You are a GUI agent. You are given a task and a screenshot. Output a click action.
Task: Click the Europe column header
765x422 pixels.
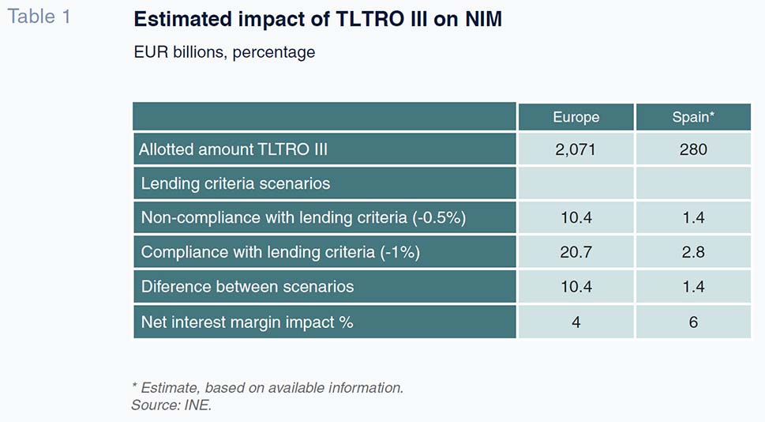[576, 117]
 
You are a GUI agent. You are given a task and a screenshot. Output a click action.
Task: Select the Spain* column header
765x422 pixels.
[693, 117]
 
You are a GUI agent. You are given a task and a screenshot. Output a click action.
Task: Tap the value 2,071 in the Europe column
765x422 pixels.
[576, 149]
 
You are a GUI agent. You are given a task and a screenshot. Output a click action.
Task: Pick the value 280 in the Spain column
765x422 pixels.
[693, 149]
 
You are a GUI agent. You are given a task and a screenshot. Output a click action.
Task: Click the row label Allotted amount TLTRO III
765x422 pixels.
[233, 149]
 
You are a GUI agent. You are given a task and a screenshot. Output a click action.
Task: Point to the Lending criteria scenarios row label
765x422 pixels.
[235, 183]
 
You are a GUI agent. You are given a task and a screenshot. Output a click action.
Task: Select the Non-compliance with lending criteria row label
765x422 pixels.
[303, 218]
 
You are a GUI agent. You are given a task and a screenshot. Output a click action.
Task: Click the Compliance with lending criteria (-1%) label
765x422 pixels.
[280, 253]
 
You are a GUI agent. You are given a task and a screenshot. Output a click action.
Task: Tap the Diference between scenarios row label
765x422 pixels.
[247, 287]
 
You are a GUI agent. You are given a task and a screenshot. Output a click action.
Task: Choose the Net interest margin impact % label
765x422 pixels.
[247, 322]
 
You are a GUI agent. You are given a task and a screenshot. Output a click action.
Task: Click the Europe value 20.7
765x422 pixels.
[576, 253]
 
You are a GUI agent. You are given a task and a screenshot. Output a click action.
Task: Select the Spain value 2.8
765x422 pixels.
[693, 253]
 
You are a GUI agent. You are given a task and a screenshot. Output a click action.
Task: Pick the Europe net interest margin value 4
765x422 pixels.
[576, 322]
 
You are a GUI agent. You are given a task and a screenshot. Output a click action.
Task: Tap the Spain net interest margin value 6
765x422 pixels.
[693, 322]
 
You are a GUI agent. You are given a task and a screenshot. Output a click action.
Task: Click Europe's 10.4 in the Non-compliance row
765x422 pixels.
[576, 218]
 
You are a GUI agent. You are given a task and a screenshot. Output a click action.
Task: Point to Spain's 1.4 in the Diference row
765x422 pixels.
[693, 287]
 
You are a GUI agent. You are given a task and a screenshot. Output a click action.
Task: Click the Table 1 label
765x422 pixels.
[39, 17]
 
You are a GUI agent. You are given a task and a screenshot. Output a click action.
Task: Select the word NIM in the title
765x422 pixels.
[483, 19]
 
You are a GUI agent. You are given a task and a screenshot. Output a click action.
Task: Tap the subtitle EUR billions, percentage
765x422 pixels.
[224, 52]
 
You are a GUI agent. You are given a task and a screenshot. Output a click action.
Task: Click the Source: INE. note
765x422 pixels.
[171, 405]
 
